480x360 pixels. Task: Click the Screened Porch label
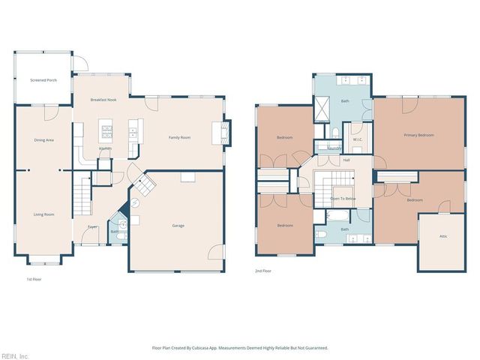click(x=43, y=79)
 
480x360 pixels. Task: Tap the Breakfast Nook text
click(x=103, y=100)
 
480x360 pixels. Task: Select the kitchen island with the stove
click(x=106, y=134)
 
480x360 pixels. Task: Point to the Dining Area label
click(x=43, y=140)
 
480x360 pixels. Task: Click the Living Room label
click(x=43, y=214)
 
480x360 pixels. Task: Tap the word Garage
click(x=178, y=225)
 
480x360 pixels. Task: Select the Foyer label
click(x=92, y=226)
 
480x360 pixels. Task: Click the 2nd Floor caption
click(x=262, y=271)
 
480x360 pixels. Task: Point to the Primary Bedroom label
click(x=418, y=135)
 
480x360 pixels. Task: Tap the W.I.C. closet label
click(x=358, y=139)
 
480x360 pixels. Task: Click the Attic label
click(x=443, y=236)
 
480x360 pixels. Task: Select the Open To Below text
click(x=342, y=199)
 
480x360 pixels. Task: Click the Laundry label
click(x=334, y=148)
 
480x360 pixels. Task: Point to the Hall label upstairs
click(x=346, y=160)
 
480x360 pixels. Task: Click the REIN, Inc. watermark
click(x=14, y=355)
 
